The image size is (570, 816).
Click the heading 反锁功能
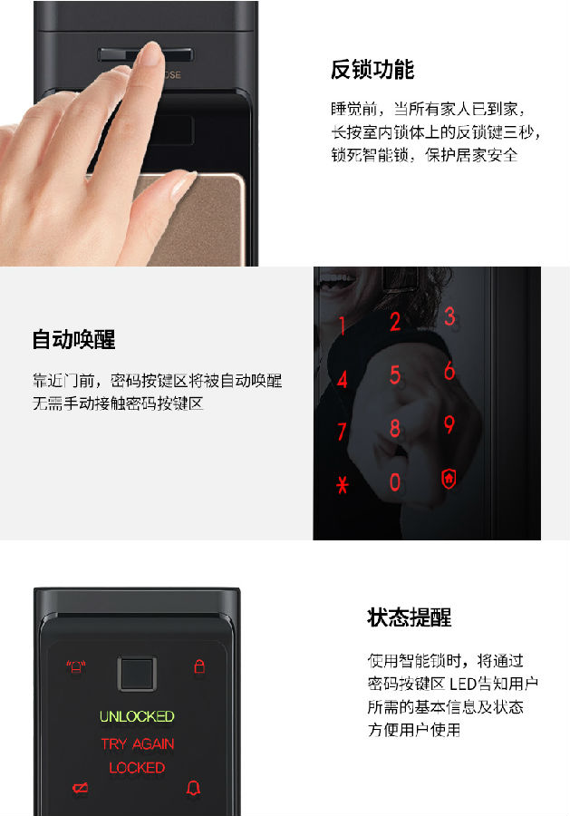click(x=372, y=69)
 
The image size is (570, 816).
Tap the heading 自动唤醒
click(x=73, y=339)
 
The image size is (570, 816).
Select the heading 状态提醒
click(x=410, y=617)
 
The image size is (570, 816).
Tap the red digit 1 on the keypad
click(x=343, y=325)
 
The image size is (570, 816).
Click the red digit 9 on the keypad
click(x=449, y=424)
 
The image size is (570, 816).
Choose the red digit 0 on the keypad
click(x=395, y=482)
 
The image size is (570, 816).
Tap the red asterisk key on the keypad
click(x=343, y=485)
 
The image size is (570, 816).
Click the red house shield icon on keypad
click(x=449, y=479)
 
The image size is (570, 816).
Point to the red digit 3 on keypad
click(x=449, y=316)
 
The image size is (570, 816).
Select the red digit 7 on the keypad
click(x=342, y=432)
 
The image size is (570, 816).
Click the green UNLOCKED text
click(x=137, y=716)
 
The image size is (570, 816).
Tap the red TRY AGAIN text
click(x=138, y=743)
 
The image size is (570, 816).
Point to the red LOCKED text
click(x=137, y=768)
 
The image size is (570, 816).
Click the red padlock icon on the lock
click(x=199, y=665)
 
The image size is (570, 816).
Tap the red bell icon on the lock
click(x=193, y=788)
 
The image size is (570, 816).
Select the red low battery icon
click(x=80, y=788)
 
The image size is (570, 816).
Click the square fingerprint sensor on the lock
click(x=137, y=675)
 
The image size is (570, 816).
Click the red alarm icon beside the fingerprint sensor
click(x=76, y=666)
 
